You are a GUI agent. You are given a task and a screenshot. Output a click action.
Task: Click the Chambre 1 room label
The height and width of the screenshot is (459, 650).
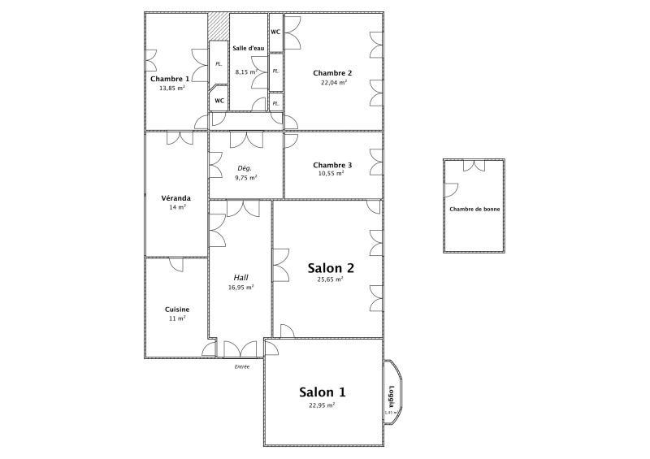170,79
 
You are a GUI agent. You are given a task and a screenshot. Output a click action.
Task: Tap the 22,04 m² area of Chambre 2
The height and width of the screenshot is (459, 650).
334,82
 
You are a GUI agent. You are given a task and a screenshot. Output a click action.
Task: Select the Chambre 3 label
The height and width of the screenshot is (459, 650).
332,165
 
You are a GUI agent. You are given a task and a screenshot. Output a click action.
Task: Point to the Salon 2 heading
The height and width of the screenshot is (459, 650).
331,268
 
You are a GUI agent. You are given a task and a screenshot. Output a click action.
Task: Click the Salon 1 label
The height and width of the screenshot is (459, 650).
322,392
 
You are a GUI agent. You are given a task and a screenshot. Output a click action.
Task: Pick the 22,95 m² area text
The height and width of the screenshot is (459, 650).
322,405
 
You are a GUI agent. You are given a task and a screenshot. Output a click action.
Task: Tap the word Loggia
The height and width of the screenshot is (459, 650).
392,396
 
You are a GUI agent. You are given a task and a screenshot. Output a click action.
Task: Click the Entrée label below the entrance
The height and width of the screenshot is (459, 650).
242,366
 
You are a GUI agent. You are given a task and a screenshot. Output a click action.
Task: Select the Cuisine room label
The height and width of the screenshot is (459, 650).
177,310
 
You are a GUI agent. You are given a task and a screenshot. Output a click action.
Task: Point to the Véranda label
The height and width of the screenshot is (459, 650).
175,198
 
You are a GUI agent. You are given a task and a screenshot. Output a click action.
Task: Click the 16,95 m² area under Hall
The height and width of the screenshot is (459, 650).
240,287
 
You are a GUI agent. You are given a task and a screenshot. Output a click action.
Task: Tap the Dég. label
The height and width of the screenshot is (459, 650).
245,168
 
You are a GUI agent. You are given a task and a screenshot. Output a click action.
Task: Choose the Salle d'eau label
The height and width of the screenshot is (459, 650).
249,48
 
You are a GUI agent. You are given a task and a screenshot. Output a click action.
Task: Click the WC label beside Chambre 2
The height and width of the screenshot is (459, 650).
275,32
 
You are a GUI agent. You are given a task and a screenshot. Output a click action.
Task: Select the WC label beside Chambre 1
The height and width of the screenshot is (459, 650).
219,101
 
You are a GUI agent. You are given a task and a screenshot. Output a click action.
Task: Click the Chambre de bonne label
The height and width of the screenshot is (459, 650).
474,209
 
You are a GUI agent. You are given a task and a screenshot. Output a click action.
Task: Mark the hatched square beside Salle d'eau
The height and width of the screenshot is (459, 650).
219,26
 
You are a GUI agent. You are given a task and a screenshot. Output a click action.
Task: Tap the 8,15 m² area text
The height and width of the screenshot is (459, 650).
246,71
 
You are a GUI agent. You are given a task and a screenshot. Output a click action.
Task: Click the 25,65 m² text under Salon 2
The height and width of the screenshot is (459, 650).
330,279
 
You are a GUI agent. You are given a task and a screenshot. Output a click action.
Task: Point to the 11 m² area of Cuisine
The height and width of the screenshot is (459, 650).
177,318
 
